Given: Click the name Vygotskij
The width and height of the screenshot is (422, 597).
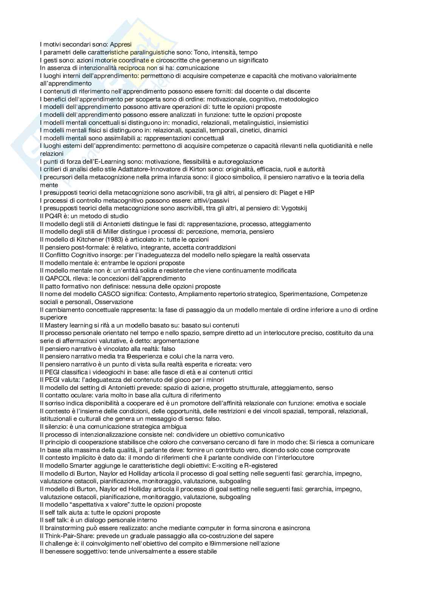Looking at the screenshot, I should (x=294, y=208).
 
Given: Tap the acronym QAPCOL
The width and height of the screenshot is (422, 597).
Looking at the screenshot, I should (x=58, y=278).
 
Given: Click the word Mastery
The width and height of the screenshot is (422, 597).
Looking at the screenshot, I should (x=56, y=325).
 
